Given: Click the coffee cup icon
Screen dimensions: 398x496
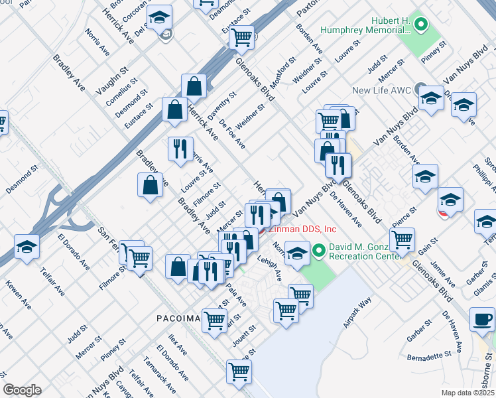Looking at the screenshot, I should (482, 320).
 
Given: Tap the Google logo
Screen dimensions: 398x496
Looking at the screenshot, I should (22, 390).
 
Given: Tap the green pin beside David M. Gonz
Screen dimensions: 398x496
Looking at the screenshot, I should (319, 251).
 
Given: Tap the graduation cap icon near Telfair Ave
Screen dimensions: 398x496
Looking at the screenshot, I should (27, 248).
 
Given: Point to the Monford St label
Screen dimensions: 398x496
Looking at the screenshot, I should (282, 72).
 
